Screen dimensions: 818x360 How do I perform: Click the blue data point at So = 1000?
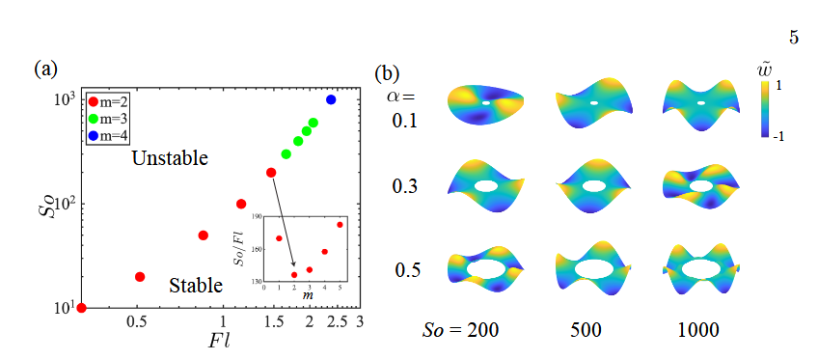331,99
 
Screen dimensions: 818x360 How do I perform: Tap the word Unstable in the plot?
170,157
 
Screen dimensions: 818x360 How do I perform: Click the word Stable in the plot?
196,285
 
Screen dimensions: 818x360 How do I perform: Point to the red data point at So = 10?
81,308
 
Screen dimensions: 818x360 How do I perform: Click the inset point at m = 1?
279,238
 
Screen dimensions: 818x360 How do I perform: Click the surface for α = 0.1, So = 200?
485,103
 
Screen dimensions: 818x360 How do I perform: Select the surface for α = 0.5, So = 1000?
701,269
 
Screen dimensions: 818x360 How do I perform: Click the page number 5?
793,40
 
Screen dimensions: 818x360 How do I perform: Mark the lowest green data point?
286,153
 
